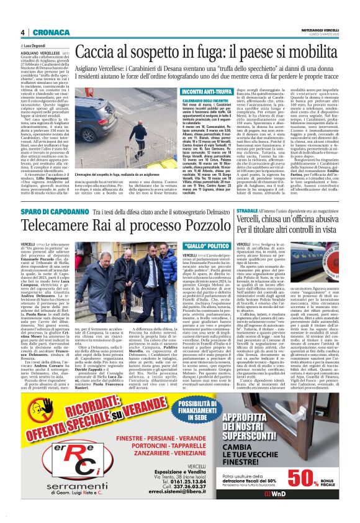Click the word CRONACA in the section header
(43, 32)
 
